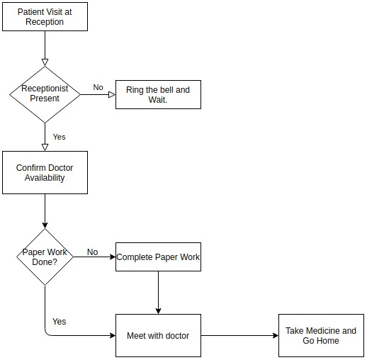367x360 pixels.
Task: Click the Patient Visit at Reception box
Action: click(45, 16)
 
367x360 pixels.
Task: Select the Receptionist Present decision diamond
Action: click(45, 94)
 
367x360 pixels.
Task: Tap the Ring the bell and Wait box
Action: click(158, 94)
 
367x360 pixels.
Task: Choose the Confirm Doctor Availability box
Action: click(45, 172)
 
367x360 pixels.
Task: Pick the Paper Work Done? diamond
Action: click(45, 257)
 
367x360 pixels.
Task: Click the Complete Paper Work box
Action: click(158, 257)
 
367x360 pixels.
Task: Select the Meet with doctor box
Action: click(158, 335)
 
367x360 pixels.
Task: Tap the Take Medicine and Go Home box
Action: click(321, 335)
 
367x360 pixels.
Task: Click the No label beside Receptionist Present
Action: click(98, 87)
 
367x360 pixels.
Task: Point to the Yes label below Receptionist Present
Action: click(59, 137)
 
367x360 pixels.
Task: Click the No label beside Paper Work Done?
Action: click(92, 252)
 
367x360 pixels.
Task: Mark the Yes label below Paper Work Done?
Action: click(59, 322)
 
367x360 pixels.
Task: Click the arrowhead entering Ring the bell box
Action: click(112, 95)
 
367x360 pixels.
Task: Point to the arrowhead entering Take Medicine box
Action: click(276, 335)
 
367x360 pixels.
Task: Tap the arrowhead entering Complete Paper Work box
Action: click(113, 257)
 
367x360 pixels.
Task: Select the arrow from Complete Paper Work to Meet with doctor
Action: click(158, 293)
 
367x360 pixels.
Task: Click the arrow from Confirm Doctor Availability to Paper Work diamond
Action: click(45, 211)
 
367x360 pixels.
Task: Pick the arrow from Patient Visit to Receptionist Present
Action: click(45, 48)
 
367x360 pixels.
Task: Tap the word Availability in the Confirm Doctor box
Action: click(45, 178)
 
